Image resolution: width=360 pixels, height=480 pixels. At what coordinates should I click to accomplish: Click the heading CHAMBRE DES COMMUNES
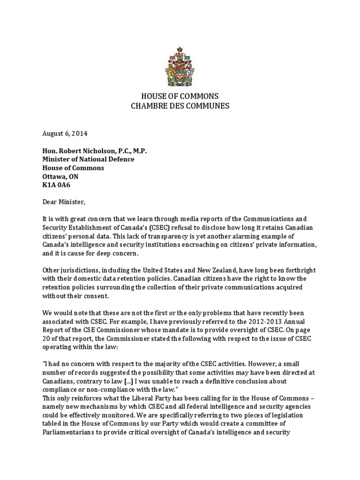click(180, 106)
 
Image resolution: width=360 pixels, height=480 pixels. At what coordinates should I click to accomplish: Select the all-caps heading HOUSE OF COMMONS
click(180, 96)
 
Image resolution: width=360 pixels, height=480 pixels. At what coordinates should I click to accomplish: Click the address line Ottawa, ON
click(57, 177)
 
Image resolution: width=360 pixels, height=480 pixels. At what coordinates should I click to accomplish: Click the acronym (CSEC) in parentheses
click(162, 228)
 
